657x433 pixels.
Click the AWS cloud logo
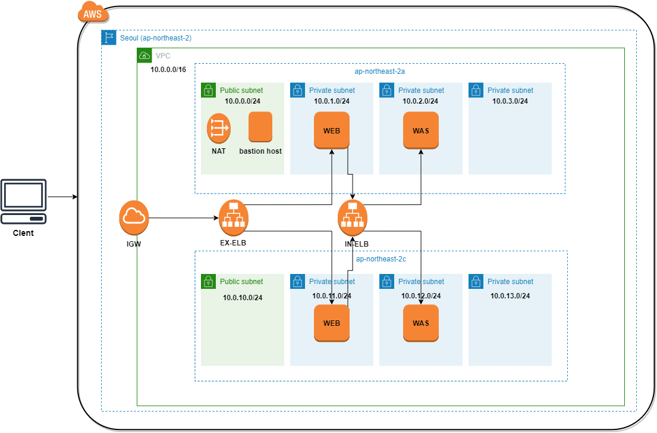pos(93,13)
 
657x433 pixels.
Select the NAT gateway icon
pos(218,128)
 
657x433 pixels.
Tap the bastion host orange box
pos(260,127)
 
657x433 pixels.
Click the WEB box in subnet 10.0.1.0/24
pos(332,130)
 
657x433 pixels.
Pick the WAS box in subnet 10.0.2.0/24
pos(421,130)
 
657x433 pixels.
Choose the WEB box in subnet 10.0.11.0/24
pos(332,323)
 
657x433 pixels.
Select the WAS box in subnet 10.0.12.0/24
pos(421,323)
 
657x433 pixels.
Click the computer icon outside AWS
pos(24,201)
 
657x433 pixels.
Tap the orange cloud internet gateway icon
pos(134,218)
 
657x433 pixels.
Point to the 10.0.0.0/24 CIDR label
pos(243,101)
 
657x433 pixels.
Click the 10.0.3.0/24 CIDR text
pos(510,101)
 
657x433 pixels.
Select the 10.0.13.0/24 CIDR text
pos(510,296)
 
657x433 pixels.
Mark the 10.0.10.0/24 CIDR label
pos(243,298)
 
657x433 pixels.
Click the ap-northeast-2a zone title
pos(379,71)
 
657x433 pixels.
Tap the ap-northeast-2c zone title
pos(381,259)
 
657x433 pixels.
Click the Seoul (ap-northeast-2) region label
pos(156,38)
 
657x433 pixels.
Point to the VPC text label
pos(163,56)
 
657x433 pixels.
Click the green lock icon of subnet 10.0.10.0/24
pos(208,281)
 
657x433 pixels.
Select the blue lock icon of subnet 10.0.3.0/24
pos(476,90)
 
